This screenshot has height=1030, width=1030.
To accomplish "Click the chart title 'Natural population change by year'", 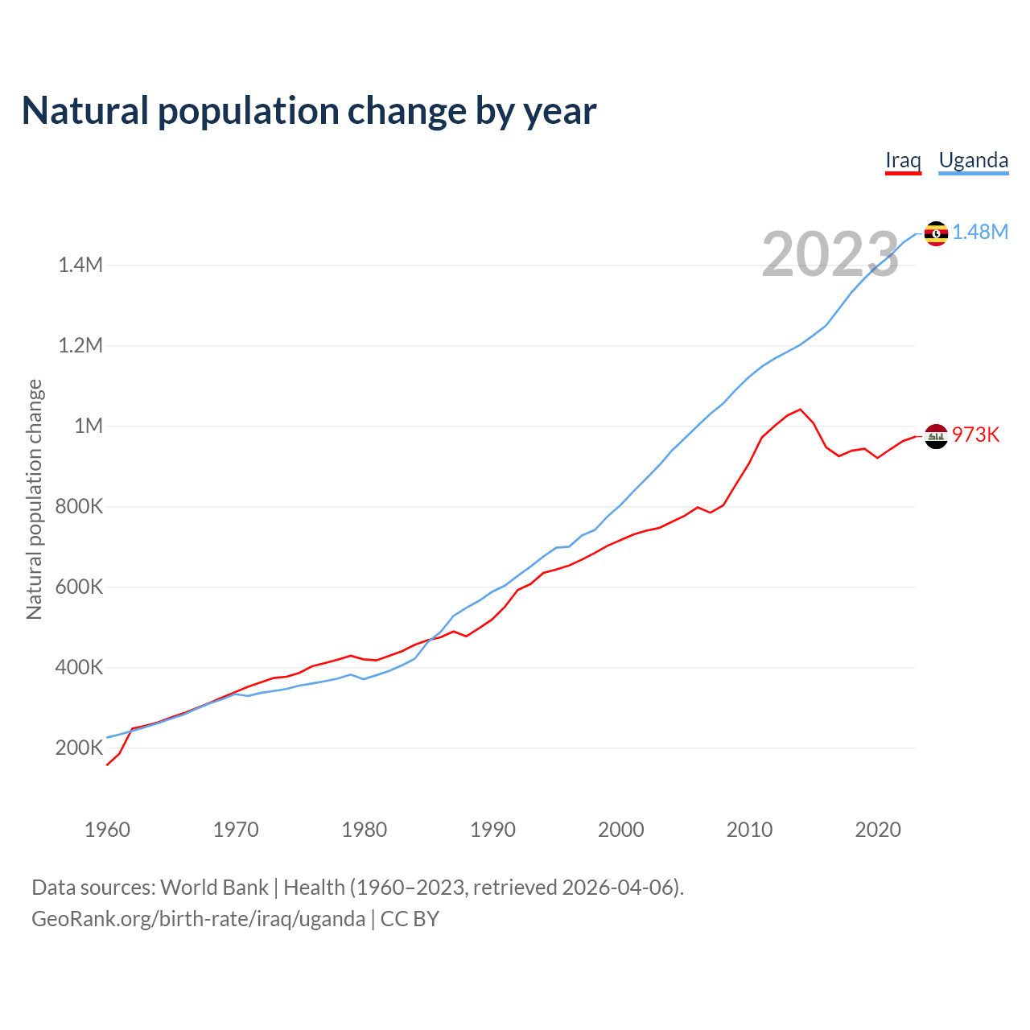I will pyautogui.click(x=309, y=111).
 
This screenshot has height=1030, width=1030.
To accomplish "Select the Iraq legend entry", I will pyautogui.click(x=903, y=160).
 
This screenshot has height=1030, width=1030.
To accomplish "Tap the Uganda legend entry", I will pyautogui.click(x=973, y=160).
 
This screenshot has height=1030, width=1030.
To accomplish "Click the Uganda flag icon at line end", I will pyautogui.click(x=936, y=233).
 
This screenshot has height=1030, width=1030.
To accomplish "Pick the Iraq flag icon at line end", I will pyautogui.click(x=936, y=436).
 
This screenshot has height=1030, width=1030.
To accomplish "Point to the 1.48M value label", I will pyautogui.click(x=980, y=233).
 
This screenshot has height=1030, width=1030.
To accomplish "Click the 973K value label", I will pyautogui.click(x=975, y=435).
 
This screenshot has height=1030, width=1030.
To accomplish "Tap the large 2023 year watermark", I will pyautogui.click(x=830, y=255).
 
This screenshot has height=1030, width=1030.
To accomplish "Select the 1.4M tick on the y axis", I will pyautogui.click(x=80, y=266).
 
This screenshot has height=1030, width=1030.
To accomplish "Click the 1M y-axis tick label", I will pyautogui.click(x=89, y=426).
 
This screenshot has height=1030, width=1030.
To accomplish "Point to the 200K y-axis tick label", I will pyautogui.click(x=79, y=748).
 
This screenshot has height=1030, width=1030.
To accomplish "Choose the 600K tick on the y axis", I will pyautogui.click(x=79, y=587).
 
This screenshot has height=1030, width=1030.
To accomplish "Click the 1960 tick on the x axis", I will pyautogui.click(x=107, y=830).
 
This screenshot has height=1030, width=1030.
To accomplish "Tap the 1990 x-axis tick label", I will pyautogui.click(x=492, y=830).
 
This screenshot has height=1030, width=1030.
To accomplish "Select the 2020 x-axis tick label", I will pyautogui.click(x=878, y=830).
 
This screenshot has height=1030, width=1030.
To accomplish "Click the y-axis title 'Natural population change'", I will pyautogui.click(x=35, y=500).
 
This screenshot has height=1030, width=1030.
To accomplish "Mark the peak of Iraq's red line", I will pyautogui.click(x=800, y=410).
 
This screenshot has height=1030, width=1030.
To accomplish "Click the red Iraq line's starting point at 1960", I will pyautogui.click(x=108, y=764).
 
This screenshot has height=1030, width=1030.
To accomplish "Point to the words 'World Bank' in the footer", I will pyautogui.click(x=214, y=888).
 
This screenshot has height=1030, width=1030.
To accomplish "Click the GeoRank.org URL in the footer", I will pyautogui.click(x=198, y=919).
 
